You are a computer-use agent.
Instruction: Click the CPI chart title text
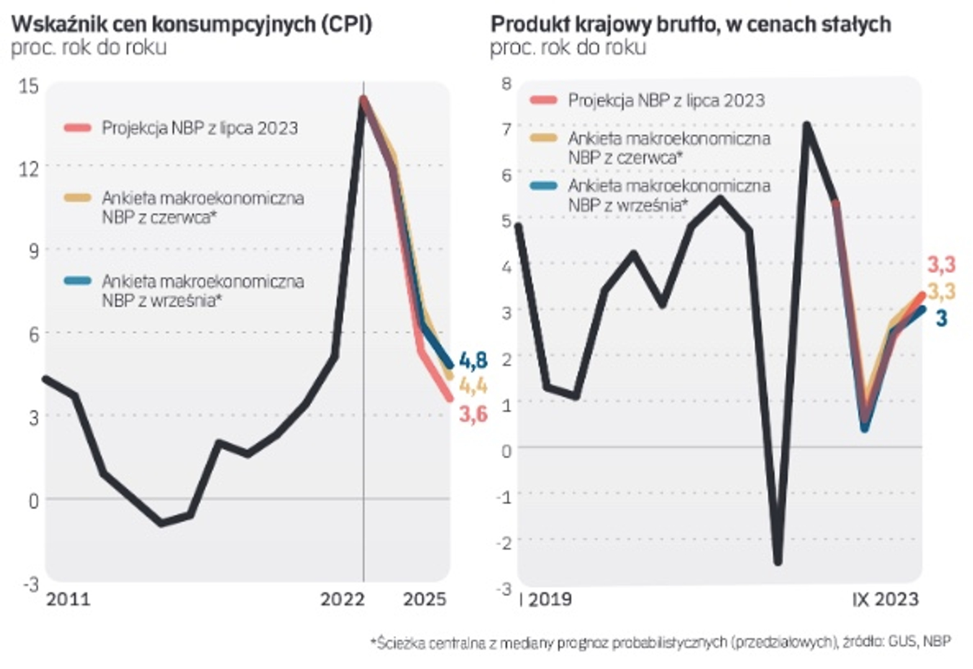pos(192,24)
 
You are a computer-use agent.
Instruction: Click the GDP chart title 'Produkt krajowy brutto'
pos(690,24)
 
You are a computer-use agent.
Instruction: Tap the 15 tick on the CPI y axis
pos(29,86)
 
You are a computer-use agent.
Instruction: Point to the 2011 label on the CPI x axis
pos(68,599)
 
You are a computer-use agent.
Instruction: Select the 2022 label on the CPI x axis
pos(342,599)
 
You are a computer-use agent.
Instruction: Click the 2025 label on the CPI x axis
pos(425,599)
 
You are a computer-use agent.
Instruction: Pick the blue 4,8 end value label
pos(473,361)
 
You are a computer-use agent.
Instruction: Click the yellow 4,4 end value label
pos(473,387)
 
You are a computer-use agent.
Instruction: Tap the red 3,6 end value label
pos(473,414)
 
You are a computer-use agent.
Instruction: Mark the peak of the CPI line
pos(363,98)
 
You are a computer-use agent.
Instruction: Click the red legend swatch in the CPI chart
pos(78,128)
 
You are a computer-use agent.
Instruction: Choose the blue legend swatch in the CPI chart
pos(78,281)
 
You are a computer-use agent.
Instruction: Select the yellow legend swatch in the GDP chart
pos(544,139)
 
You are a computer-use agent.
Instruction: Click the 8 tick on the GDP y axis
pos(506,84)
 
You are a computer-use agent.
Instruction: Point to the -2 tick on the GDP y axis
pos(504,543)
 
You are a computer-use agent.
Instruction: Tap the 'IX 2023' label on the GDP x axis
pos(885,599)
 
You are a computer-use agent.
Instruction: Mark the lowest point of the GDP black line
pos(778,562)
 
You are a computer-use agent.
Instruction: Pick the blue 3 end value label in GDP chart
pos(941,318)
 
